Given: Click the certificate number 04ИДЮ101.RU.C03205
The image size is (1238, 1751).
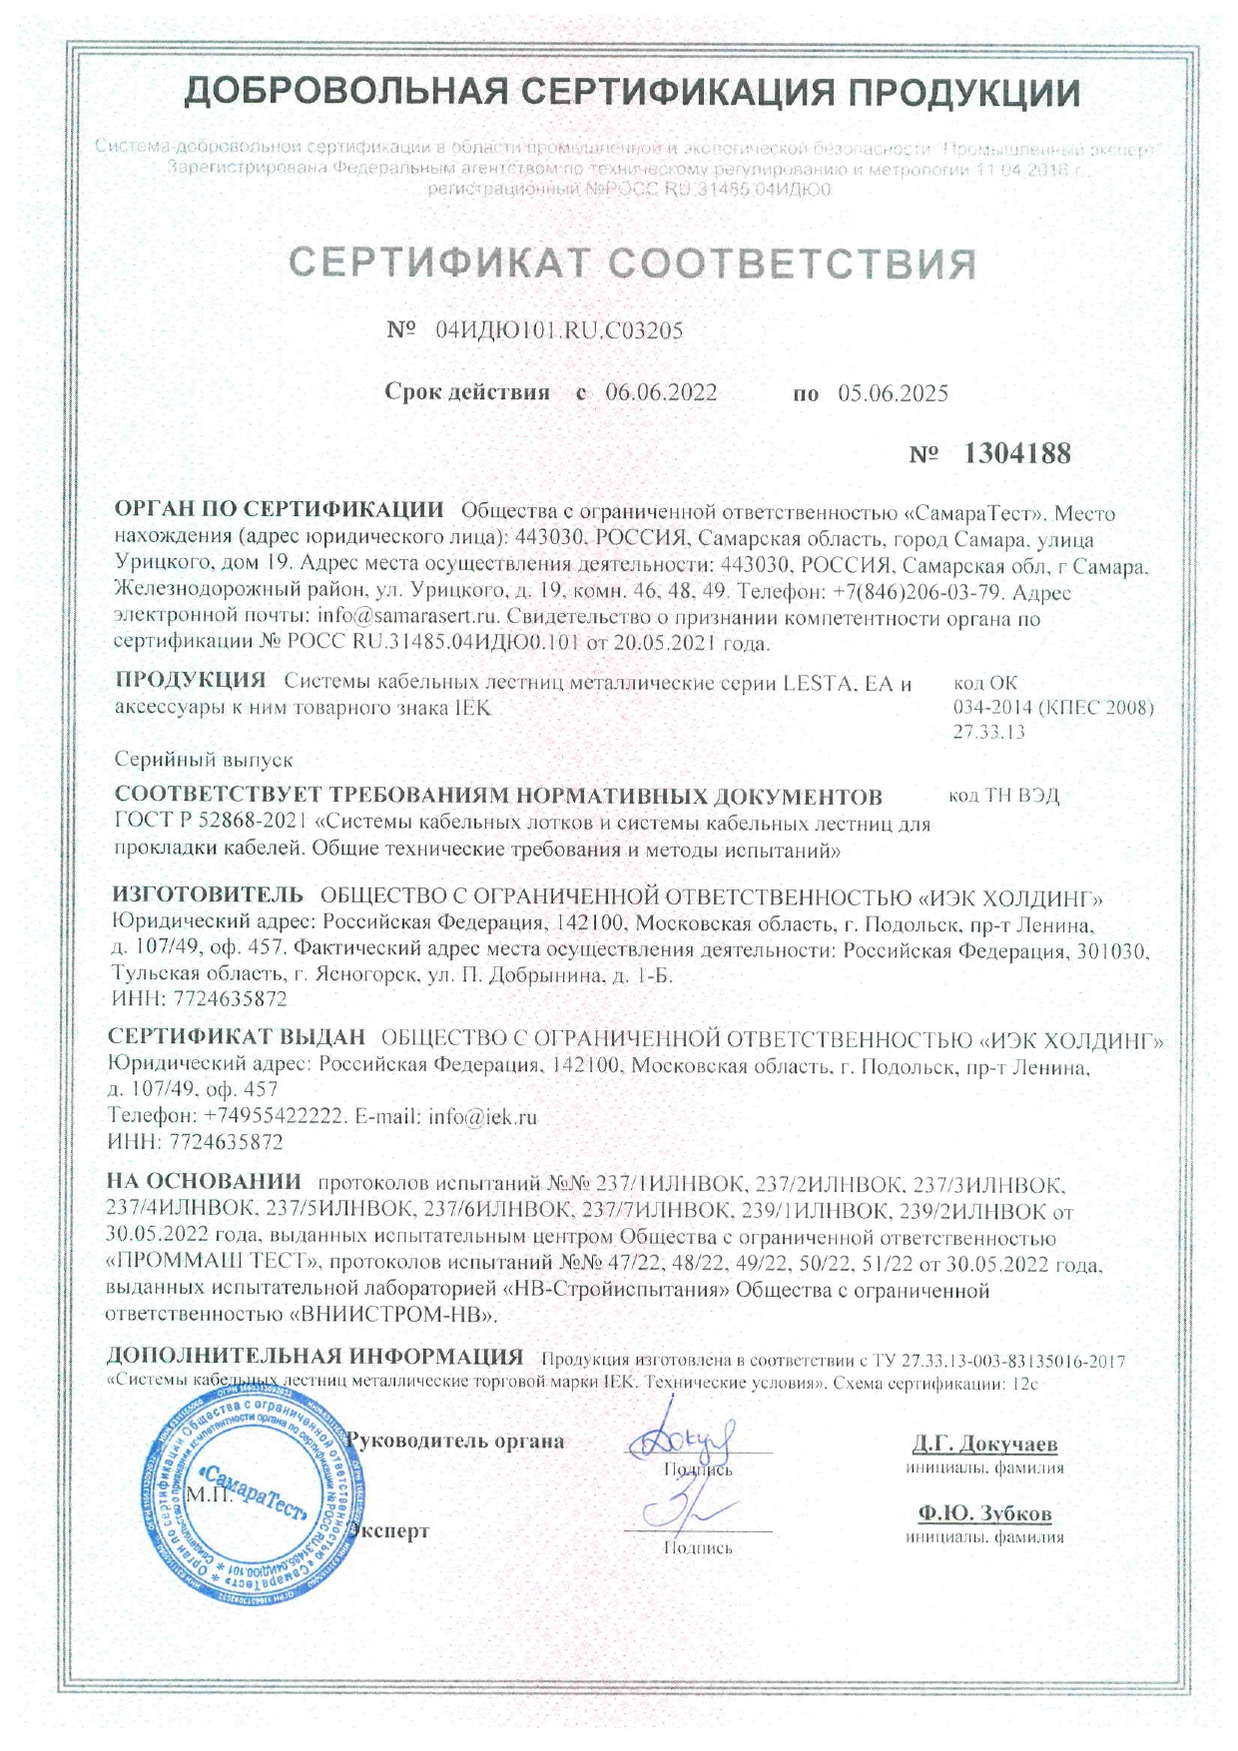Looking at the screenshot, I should [x=559, y=331].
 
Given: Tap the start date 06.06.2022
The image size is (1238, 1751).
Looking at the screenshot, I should [x=661, y=392].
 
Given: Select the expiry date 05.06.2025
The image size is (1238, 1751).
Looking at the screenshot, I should [x=893, y=393].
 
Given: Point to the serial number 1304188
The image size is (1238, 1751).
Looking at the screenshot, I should [x=1016, y=454].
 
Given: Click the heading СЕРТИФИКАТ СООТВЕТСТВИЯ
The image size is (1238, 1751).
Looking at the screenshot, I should [x=632, y=264].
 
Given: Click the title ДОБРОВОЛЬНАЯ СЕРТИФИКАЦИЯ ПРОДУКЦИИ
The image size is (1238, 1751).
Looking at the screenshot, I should [x=633, y=93].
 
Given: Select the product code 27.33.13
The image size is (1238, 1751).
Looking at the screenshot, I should [x=988, y=732].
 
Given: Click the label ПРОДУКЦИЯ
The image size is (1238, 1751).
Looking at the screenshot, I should [x=190, y=682].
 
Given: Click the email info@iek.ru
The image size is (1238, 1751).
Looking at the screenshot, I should [x=482, y=1117].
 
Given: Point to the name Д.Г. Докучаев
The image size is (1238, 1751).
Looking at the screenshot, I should [x=984, y=1445].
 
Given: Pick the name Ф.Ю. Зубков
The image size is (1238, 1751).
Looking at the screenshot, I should [x=984, y=1513].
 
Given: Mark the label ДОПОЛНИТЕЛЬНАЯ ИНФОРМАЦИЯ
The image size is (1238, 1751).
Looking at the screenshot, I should [x=314, y=1357].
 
